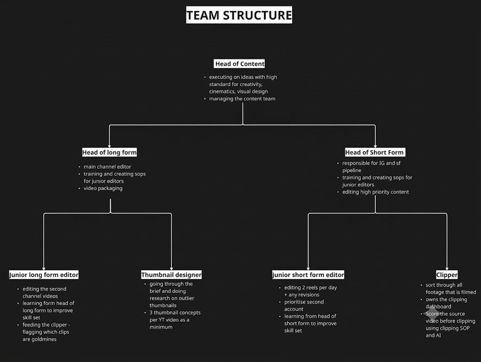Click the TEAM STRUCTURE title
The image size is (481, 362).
pos(239,15)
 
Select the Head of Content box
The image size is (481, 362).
pos(239,64)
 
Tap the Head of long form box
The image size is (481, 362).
pos(109,152)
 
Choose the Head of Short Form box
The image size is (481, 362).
pos(375,152)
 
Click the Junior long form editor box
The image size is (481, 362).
pos(44,275)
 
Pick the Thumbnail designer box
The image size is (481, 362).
pos(171,275)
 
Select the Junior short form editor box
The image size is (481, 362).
pos(308,275)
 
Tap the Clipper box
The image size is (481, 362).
pos(447,275)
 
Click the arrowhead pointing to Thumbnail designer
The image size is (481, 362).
pos(171,268)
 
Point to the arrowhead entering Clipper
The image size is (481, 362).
pos(447,268)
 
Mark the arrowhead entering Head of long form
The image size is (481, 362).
pos(109,146)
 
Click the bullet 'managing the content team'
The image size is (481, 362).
pos(242,99)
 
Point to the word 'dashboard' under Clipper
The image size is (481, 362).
pos(438,307)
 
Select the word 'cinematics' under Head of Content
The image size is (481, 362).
pos(222,92)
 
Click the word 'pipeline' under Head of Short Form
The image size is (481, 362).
pos(352,170)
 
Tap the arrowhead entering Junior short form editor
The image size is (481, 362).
pos(308,268)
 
